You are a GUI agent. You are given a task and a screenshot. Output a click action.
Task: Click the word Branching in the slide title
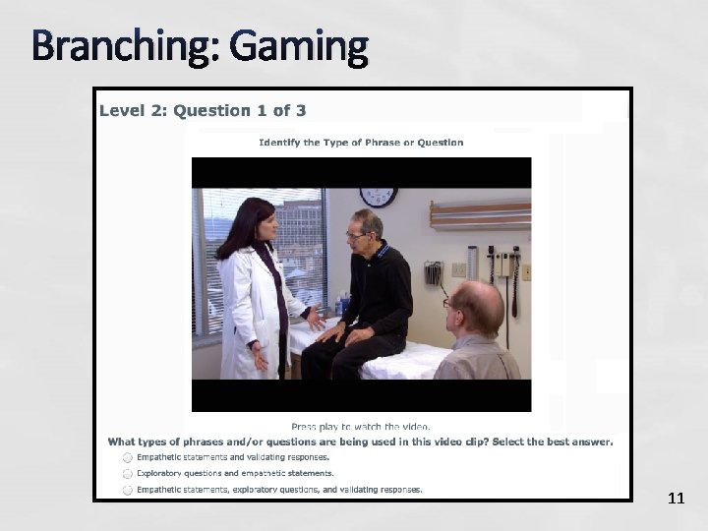110,46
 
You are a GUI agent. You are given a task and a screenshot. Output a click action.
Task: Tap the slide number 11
676,499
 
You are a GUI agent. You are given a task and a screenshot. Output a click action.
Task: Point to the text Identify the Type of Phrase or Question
361,143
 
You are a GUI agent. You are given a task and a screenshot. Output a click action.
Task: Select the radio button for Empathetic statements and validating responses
128,457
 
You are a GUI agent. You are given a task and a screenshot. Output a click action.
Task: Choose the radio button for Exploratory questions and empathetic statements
128,473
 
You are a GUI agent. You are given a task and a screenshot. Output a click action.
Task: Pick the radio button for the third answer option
128,489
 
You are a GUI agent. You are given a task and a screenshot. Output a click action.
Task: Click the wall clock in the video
379,197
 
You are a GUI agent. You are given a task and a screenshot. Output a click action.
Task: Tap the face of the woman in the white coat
261,220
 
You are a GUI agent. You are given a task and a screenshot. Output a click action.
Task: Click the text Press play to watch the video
361,426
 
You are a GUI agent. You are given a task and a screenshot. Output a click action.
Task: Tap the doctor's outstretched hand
314,317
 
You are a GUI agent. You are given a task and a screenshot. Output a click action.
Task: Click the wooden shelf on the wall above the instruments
480,210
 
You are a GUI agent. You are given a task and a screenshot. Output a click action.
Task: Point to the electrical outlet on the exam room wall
458,269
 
